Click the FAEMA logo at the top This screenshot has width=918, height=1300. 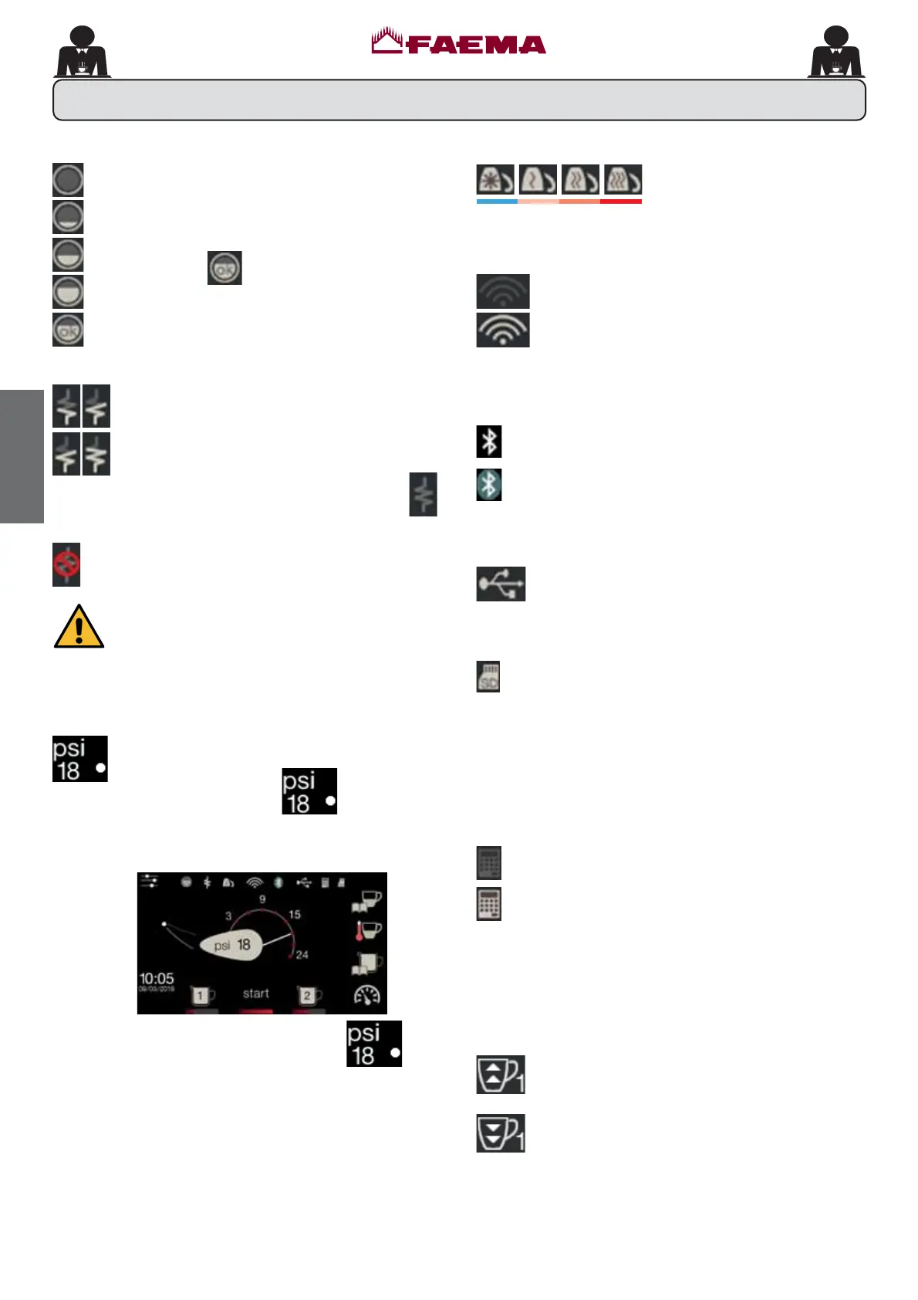458,42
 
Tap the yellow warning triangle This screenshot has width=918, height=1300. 79,626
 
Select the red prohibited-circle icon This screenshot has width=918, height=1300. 66,565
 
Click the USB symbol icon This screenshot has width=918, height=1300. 501,584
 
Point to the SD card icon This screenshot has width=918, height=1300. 488,676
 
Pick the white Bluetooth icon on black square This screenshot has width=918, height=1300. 489,442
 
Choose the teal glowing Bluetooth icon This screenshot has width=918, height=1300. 489,485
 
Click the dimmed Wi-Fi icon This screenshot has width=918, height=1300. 503,292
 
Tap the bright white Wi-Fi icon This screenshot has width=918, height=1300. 503,330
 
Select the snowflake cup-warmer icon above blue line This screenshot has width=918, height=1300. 496,181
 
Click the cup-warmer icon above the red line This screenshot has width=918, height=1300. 622,181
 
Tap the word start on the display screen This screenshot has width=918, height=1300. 256,994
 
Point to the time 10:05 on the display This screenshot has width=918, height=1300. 157,979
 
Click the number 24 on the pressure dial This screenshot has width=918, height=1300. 302,955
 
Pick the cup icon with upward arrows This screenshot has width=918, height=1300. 500,1075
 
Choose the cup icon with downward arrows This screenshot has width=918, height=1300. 500,1133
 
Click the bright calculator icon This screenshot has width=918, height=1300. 489,904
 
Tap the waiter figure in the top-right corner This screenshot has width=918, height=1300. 836,52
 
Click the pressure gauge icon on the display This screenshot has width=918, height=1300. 366,996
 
